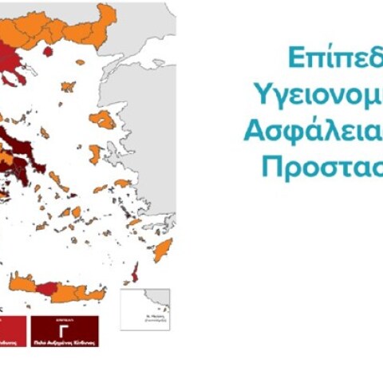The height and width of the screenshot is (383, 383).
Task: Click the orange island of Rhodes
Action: (163, 251)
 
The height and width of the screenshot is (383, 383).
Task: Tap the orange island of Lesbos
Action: (102, 120)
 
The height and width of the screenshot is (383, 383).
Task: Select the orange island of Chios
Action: (95, 153)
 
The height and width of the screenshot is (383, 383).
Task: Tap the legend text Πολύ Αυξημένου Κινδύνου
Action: (65, 341)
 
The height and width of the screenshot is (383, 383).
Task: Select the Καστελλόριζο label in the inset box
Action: (144, 320)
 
